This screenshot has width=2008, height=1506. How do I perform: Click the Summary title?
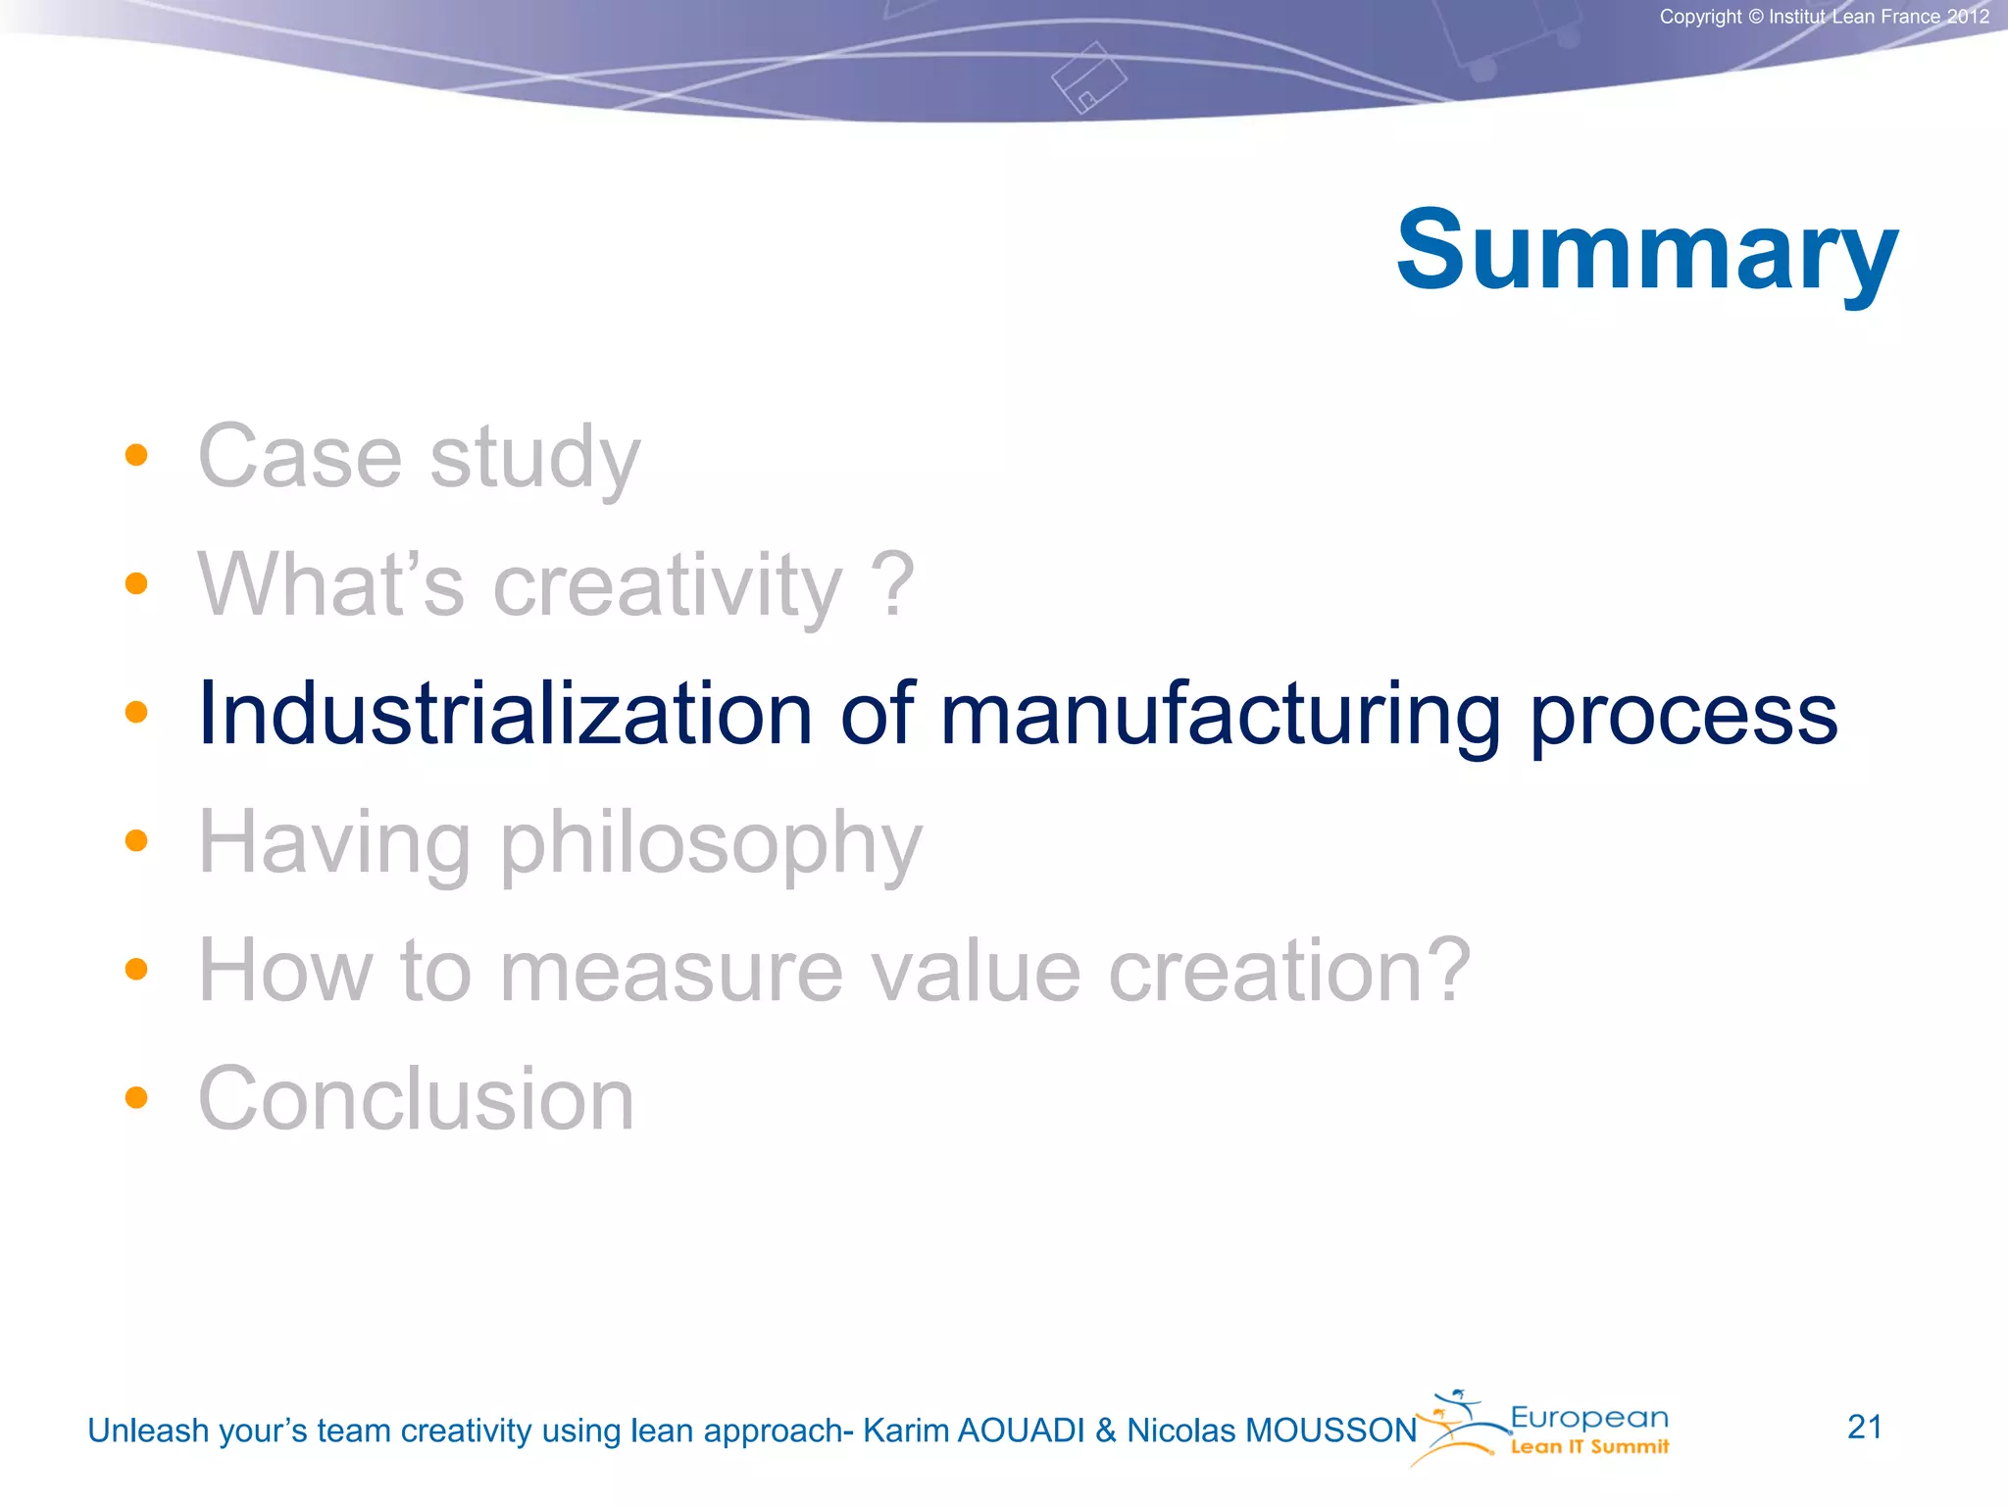pyautogui.click(x=1646, y=251)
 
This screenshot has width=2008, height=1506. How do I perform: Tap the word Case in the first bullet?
pyautogui.click(x=300, y=457)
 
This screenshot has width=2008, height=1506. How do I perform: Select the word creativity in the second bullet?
pyautogui.click(x=667, y=585)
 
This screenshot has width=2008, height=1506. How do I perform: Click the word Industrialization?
pyautogui.click(x=505, y=714)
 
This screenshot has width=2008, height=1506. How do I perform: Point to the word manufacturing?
pyautogui.click(x=1220, y=716)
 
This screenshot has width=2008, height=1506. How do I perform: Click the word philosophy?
pyautogui.click(x=711, y=844)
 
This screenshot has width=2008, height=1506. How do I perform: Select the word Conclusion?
pyautogui.click(x=416, y=1099)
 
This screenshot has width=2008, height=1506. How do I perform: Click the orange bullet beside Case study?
pyautogui.click(x=136, y=455)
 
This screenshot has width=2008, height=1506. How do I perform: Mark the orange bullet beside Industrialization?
pyautogui.click(x=136, y=712)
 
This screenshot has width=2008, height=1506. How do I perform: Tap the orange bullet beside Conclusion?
pyautogui.click(x=136, y=1097)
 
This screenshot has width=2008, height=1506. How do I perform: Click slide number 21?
pyautogui.click(x=1864, y=1427)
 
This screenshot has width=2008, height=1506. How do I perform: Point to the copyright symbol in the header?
pyautogui.click(x=1755, y=17)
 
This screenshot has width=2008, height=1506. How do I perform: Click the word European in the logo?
pyautogui.click(x=1588, y=1418)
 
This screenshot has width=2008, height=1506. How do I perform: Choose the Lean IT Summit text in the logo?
pyautogui.click(x=1588, y=1447)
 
